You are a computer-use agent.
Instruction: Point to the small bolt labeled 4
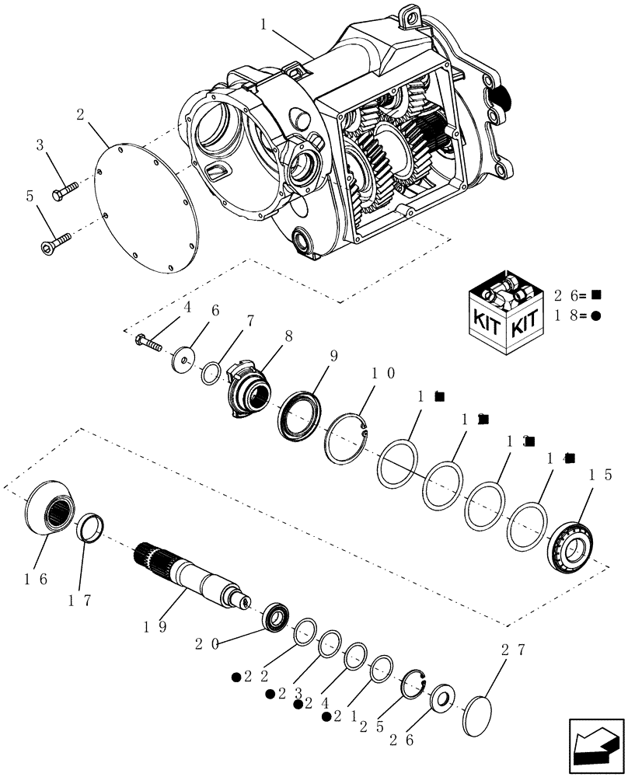[x=149, y=341]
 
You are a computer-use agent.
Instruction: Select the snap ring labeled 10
[x=348, y=440]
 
